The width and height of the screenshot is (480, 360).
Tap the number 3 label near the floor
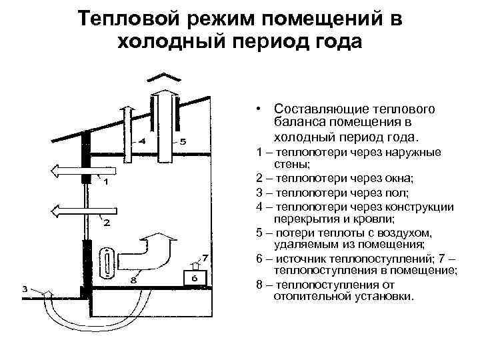point(25,289)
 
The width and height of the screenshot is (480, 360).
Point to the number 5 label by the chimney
point(183,141)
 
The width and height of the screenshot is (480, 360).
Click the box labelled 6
point(194,278)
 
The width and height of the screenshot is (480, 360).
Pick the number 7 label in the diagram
point(205,257)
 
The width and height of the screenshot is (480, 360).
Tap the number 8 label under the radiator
point(133,281)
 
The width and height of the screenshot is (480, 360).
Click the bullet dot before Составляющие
point(255,108)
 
